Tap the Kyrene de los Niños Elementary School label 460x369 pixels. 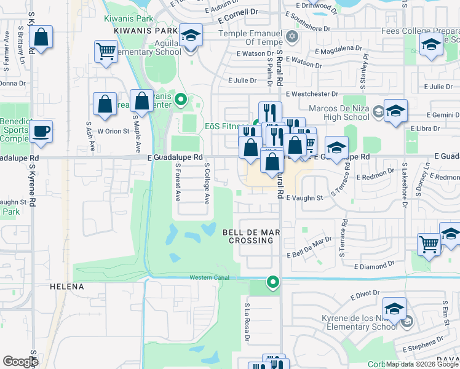point(360,322)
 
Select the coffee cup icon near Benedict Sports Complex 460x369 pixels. point(41,131)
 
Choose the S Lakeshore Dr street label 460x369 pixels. point(405,186)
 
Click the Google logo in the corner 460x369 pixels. point(21,362)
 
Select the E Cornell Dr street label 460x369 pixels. point(238,12)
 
